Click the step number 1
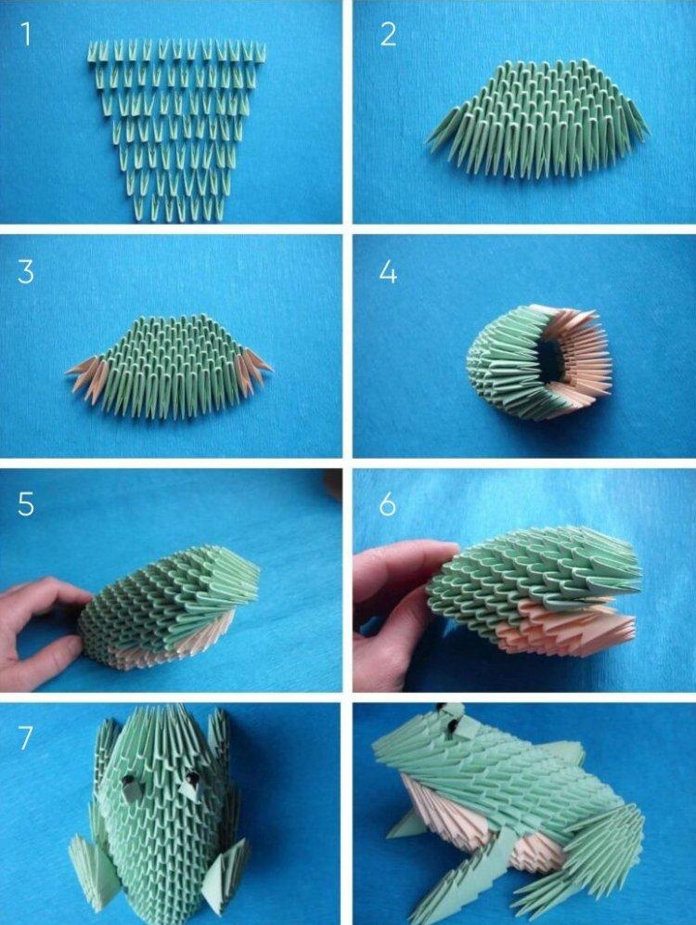pos(25,34)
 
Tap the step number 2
pos(388,34)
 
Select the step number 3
pos(25,272)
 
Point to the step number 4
pos(388,272)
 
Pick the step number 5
pos(25,505)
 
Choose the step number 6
pos(388,505)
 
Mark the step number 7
pos(25,738)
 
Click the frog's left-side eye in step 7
pos(130,786)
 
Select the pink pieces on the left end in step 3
pos(85,378)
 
